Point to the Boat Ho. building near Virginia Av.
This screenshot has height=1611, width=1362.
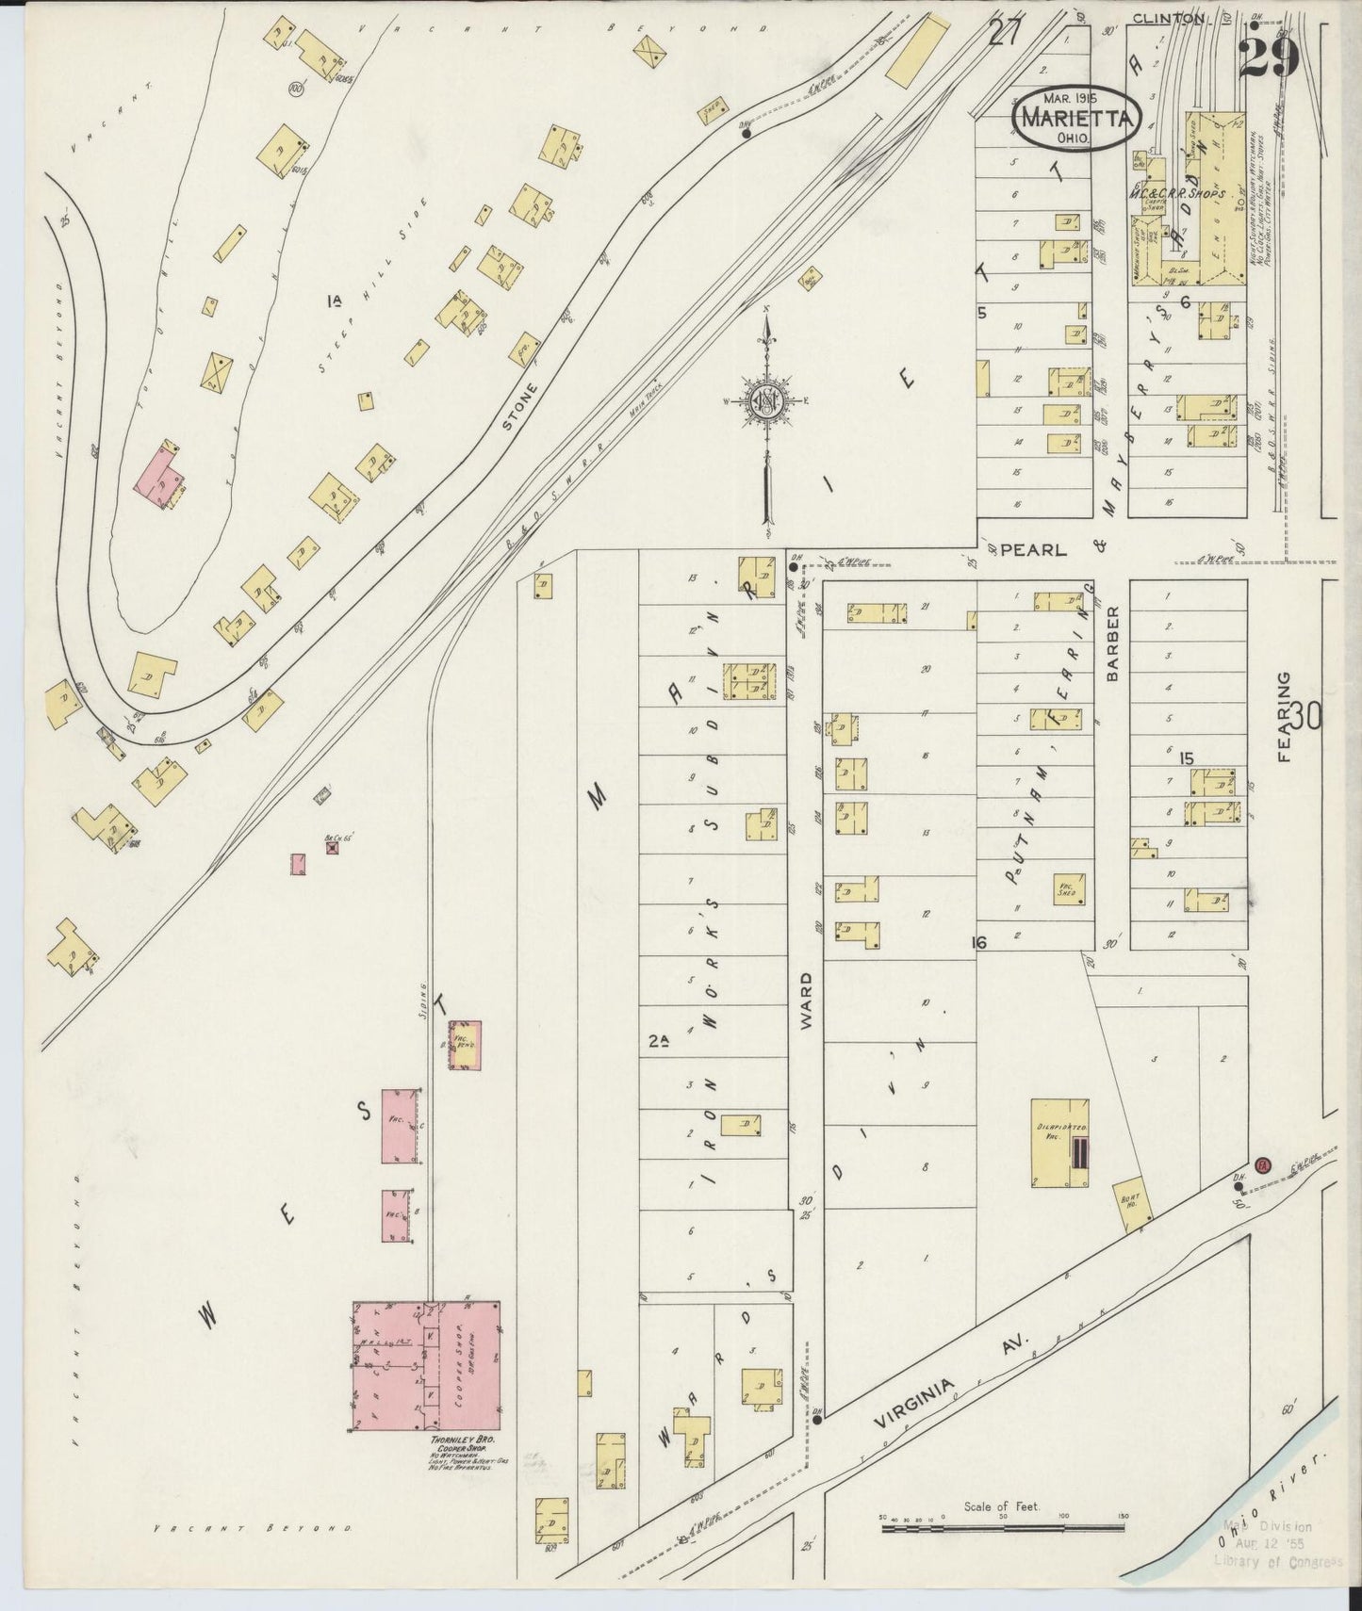(1130, 1203)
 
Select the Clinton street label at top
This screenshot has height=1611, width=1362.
(1167, 18)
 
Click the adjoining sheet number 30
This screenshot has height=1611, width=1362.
(1306, 718)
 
